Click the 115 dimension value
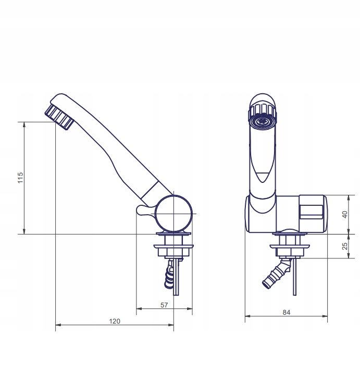20,178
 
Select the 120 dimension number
115,321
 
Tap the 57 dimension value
164,305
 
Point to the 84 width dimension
287,313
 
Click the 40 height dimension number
344,215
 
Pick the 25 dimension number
344,246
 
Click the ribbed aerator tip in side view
59,117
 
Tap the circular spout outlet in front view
263,121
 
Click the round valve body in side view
173,214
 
